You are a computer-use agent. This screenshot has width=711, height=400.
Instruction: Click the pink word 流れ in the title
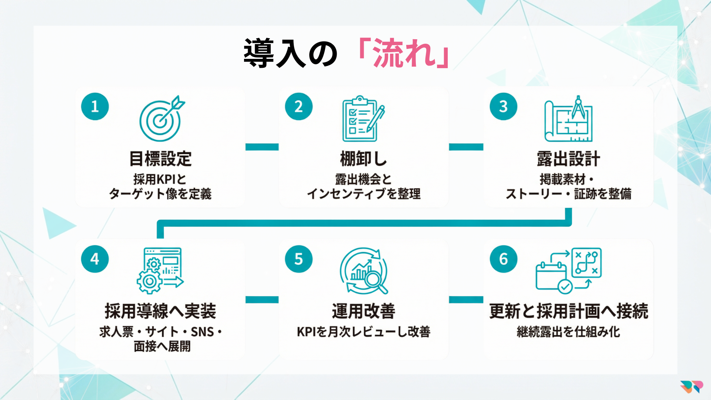coord(404,54)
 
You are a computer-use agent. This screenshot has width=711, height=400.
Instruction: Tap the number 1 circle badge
coord(95,107)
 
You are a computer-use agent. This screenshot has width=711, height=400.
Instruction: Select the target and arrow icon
coord(161,119)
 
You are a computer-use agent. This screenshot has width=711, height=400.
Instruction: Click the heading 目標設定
coord(160,159)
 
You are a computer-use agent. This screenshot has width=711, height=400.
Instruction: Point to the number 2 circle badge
coord(298,107)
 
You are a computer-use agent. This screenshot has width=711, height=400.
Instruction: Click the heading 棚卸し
coord(363,159)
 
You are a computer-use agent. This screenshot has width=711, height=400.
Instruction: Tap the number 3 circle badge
coord(503,107)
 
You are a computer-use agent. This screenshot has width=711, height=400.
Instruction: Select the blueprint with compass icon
coord(568,119)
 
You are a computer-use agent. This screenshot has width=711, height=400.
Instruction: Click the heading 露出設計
coord(568,159)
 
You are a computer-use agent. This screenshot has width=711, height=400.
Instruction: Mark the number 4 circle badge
coord(95,259)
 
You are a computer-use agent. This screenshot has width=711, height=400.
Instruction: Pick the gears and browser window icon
coord(160,271)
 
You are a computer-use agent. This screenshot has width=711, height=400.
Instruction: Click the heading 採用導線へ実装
coord(160,311)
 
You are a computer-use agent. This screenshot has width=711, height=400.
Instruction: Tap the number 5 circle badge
coord(298,259)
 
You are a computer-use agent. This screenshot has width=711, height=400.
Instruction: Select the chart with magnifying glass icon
coord(364,271)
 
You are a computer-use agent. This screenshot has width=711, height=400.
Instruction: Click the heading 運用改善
coord(363,311)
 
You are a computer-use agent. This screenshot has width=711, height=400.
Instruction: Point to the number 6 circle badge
coord(503,259)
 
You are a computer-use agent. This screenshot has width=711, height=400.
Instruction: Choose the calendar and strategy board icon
coord(568,271)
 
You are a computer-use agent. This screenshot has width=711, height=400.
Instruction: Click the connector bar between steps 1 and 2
coord(262,147)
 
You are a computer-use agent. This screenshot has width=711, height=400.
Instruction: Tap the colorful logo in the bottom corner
coord(691,387)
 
